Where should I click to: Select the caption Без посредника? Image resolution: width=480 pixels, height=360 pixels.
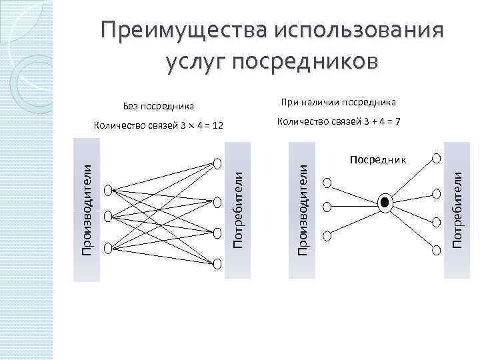(159, 106)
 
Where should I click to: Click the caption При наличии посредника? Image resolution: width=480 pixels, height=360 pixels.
(338, 102)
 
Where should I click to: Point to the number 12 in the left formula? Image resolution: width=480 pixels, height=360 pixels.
(217, 126)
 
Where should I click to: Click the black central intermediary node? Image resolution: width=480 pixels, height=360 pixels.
(384, 203)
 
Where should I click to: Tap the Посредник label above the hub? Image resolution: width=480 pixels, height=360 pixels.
(377, 160)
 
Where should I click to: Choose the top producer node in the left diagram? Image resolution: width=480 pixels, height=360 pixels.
(108, 189)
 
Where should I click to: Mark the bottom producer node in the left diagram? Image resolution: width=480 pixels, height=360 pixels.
(108, 247)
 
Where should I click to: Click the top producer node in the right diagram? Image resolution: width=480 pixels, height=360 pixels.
(326, 182)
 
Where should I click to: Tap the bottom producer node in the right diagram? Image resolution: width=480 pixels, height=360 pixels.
(326, 234)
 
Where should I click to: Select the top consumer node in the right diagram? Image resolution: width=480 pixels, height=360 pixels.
(436, 159)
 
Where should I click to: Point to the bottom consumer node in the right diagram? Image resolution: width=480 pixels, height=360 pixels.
(436, 250)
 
